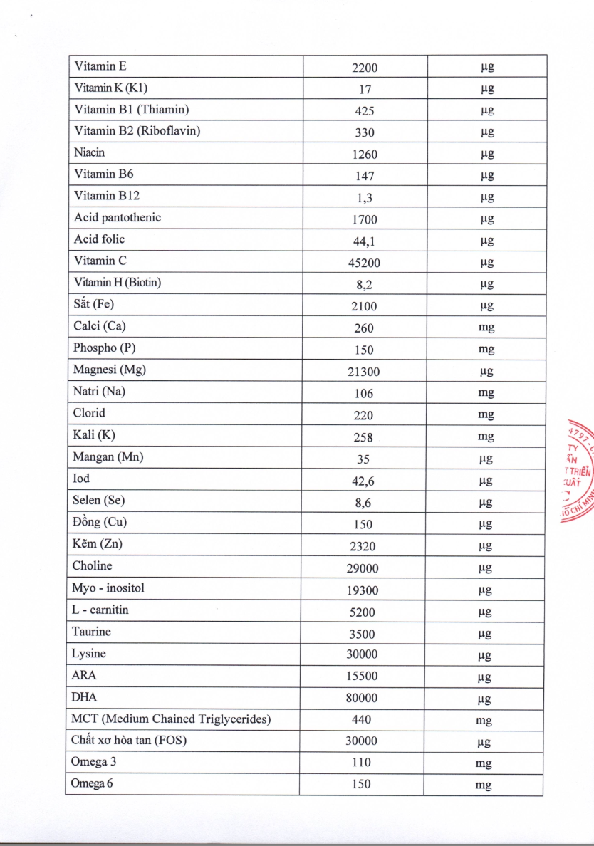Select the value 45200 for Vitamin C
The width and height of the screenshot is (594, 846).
pyautogui.click(x=364, y=263)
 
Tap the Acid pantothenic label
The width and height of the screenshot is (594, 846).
pyautogui.click(x=117, y=218)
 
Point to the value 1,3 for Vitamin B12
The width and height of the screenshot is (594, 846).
pyautogui.click(x=364, y=198)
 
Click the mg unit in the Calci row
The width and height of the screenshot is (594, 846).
pyautogui.click(x=486, y=328)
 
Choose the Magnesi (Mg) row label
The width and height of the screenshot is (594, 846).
pyautogui.click(x=110, y=370)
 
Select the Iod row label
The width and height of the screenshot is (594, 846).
pyautogui.click(x=81, y=479)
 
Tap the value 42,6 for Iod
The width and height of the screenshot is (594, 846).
pyautogui.click(x=364, y=481)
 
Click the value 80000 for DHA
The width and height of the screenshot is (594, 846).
pyautogui.click(x=362, y=698)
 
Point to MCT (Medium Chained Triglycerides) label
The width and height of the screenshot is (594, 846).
pyautogui.click(x=171, y=719)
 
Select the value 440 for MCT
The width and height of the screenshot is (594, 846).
pyautogui.click(x=361, y=719)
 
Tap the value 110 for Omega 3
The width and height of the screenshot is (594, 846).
pyautogui.click(x=361, y=763)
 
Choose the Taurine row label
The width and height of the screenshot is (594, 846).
pyautogui.click(x=91, y=632)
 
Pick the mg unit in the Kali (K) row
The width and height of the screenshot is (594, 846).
pyautogui.click(x=486, y=437)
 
